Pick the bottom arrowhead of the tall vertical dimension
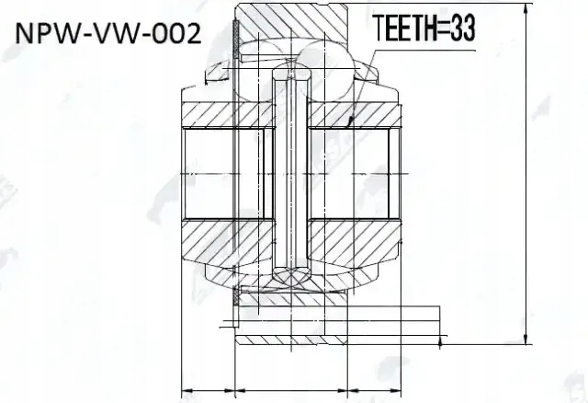526,339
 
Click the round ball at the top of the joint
327,68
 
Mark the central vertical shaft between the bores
292,174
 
